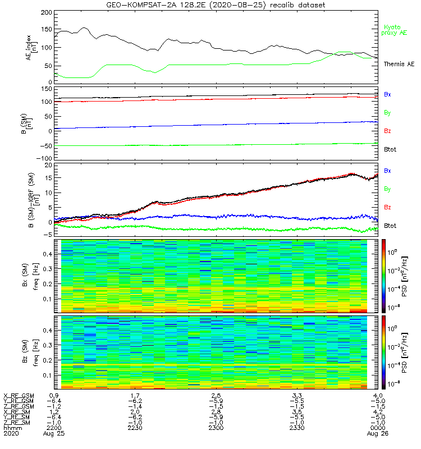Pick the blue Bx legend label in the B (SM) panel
[x=387, y=94]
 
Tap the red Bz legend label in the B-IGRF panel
[x=387, y=208]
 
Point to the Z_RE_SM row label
[x=17, y=422]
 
